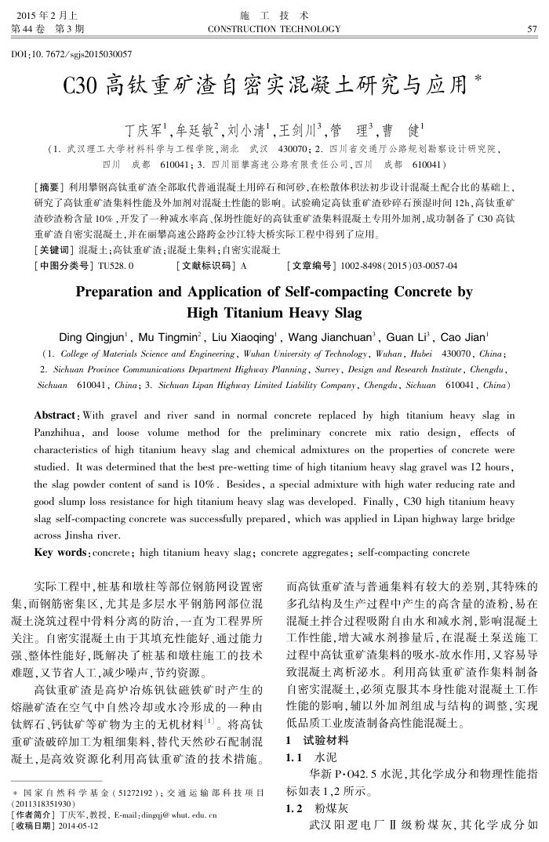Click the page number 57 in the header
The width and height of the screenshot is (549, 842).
[x=532, y=30]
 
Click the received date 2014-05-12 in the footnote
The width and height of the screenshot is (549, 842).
[x=82, y=826]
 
